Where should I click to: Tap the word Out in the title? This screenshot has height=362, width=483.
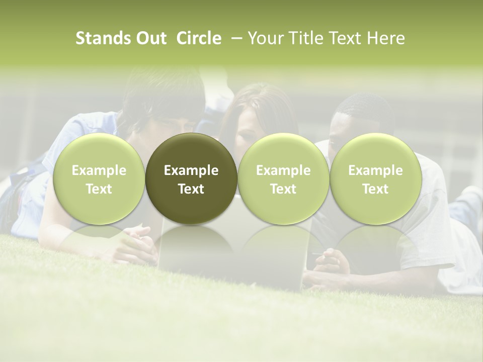(149, 39)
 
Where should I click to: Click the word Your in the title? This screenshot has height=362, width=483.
(266, 39)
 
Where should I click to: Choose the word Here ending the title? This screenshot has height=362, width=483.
(386, 39)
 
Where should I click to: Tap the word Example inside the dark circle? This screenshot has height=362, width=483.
(191, 170)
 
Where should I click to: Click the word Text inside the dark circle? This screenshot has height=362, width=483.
(191, 189)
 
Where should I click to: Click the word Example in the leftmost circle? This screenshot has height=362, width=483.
(99, 170)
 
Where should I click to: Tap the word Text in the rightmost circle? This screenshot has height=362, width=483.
(375, 189)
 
